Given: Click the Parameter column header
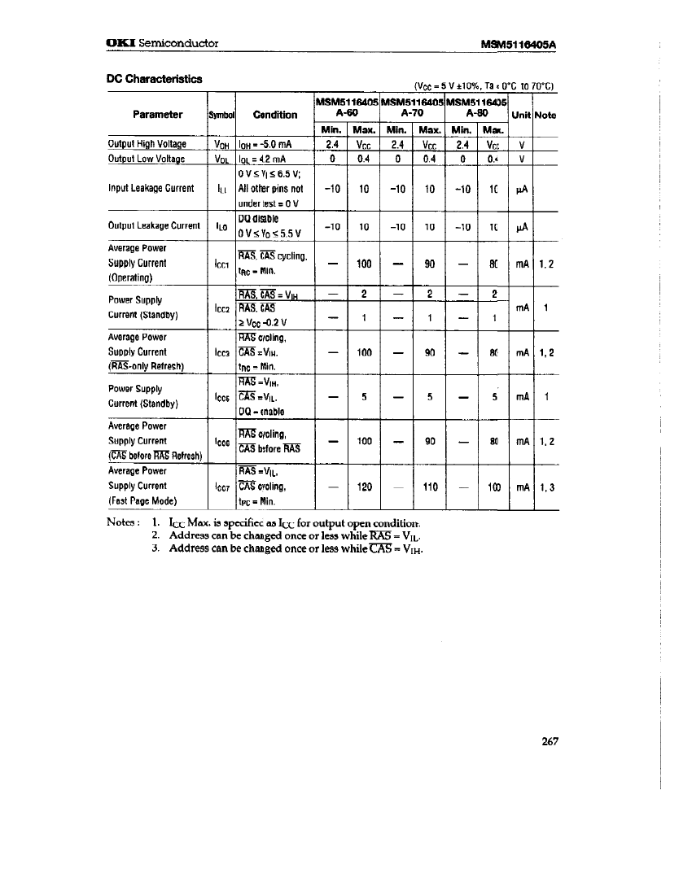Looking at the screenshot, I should pos(158,115).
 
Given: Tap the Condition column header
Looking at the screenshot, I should pos(274,115).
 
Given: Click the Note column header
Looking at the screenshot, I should pos(545,115).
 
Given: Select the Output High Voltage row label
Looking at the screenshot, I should pos(147,144).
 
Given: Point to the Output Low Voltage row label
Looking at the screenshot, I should pos(146,159).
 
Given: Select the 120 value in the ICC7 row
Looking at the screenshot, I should pos(364,487).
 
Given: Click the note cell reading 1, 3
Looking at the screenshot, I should pos(545,487).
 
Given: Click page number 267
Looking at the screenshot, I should pos(545,740).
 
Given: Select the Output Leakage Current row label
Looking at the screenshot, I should pos(154,225).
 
